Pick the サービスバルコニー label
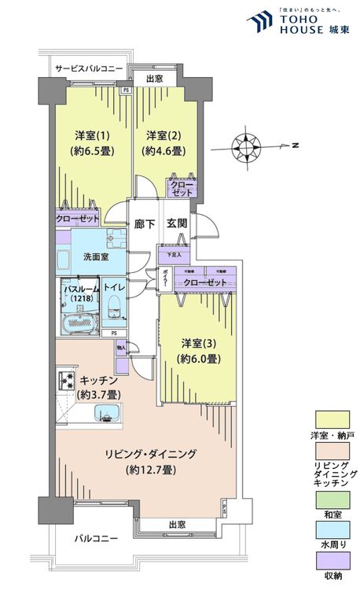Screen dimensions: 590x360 pos(88,69)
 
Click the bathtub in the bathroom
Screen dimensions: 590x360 pos(77,321)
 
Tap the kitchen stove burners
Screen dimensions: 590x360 pos(63,382)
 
